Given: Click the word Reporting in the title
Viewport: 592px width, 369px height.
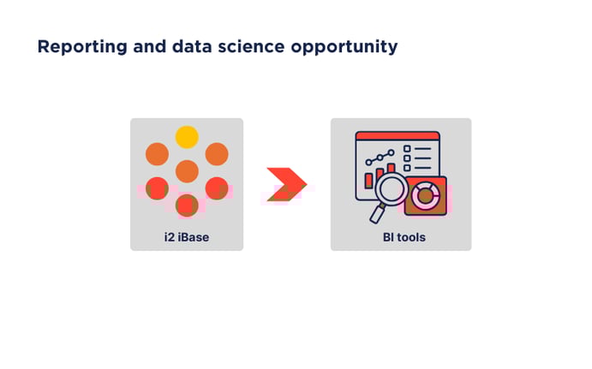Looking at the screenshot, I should (78, 47).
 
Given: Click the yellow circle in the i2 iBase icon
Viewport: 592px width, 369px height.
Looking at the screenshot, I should (187, 137).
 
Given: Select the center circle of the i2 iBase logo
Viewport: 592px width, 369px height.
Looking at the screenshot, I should (187, 171).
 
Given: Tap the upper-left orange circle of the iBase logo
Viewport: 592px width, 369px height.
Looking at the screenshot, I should (157, 154).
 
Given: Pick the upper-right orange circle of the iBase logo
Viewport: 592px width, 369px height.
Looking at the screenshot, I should (217, 154).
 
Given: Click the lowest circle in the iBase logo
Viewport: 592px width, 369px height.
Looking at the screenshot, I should (187, 205).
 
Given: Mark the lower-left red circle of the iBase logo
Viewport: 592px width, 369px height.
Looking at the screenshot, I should (157, 188).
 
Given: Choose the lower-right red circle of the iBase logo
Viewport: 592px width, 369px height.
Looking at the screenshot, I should (217, 188).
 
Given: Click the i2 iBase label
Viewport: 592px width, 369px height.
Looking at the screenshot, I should (187, 237).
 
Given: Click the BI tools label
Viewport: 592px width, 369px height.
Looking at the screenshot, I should (401, 237).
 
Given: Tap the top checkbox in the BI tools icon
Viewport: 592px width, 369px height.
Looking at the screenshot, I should (407, 148).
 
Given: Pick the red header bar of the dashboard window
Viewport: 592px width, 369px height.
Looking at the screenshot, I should (397, 135).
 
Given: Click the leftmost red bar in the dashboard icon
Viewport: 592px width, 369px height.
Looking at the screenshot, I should (369, 181).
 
